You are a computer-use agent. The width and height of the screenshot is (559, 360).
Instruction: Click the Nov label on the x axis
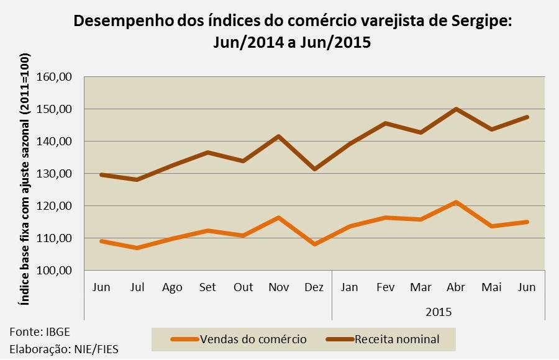click(x=279, y=287)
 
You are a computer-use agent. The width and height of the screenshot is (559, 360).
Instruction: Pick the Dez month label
click(x=314, y=287)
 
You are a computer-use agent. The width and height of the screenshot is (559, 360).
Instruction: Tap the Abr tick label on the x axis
click(x=456, y=287)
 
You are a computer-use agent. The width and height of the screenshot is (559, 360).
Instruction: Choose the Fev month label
click(x=385, y=287)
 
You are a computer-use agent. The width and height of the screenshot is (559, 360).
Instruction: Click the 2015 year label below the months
click(x=439, y=311)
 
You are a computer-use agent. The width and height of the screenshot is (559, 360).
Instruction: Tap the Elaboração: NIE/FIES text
click(x=64, y=349)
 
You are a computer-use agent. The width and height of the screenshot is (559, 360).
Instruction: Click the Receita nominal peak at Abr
click(x=456, y=109)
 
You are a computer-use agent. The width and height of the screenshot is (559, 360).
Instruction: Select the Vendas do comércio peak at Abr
click(x=456, y=202)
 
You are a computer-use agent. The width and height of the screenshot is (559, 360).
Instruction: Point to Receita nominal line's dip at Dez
click(x=314, y=169)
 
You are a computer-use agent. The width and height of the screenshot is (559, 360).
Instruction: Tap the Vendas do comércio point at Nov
click(x=279, y=218)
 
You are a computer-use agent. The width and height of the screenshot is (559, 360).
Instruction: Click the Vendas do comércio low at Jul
click(x=137, y=248)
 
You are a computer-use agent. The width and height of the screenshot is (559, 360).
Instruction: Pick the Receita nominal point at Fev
click(x=385, y=123)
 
